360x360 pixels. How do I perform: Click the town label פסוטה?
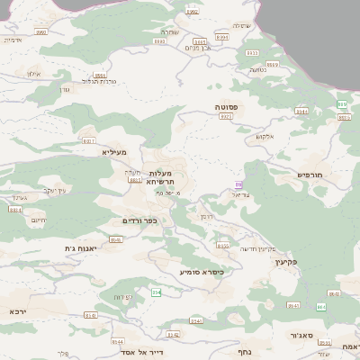226,106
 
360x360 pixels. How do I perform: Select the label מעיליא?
114,152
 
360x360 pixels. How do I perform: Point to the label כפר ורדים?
139,220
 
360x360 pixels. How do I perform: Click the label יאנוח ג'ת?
80,247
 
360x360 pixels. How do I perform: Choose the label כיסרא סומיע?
201,271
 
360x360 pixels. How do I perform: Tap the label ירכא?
17,311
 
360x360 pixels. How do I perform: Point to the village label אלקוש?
264,136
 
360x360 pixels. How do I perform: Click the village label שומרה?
170,31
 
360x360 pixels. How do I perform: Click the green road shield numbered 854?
156,292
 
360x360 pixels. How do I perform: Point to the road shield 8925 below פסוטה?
226,116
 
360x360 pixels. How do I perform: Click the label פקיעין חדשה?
256,248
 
